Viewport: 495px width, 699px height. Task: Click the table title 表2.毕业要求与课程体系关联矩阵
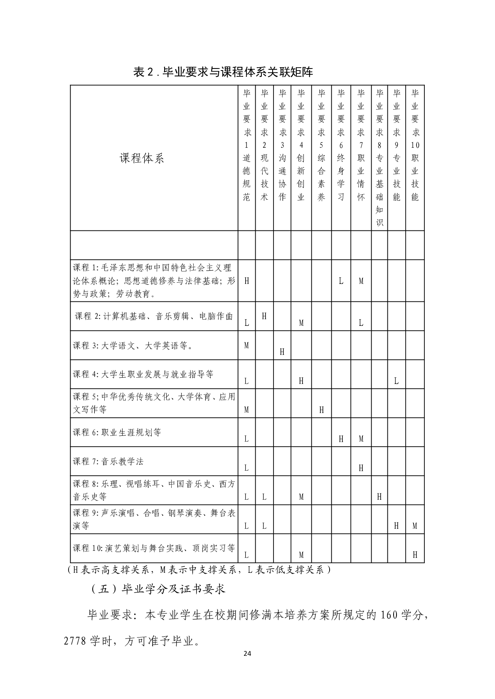(223, 72)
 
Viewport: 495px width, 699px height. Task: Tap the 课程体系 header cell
(142, 158)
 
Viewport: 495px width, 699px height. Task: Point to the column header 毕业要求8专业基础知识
(379, 158)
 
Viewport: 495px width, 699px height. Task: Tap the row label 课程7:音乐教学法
(108, 462)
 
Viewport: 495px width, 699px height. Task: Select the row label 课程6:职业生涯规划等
(117, 433)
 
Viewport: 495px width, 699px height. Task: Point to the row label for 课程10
(154, 548)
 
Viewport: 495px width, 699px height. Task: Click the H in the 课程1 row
(246, 281)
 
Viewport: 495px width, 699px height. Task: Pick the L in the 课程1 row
(341, 281)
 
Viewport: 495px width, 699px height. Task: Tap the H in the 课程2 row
(264, 316)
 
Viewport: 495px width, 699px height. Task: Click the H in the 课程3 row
(282, 352)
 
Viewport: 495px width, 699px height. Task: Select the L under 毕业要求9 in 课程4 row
(396, 381)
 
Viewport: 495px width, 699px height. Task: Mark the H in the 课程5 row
(321, 410)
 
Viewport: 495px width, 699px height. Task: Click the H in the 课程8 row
(379, 497)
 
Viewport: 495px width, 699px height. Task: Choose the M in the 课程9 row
(415, 526)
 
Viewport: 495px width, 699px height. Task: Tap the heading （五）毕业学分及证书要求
(158, 589)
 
